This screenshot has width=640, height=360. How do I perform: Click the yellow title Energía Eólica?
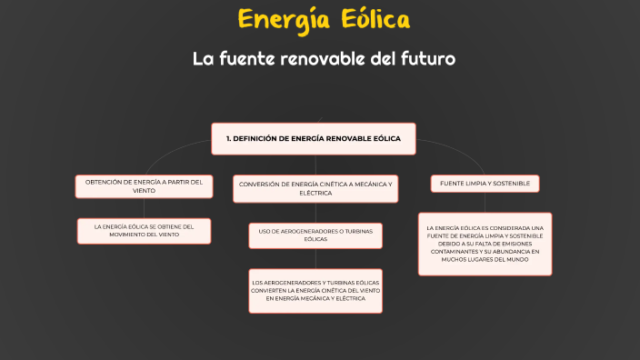click(x=324, y=19)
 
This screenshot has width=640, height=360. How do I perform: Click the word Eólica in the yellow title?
click(x=373, y=19)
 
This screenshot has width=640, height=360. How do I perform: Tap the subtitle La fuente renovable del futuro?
click(x=323, y=59)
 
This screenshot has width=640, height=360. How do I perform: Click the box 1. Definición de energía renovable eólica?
click(x=314, y=138)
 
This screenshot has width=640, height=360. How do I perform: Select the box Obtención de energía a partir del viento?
click(x=144, y=186)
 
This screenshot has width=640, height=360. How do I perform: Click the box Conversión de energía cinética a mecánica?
click(x=315, y=188)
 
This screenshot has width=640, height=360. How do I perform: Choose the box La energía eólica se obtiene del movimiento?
click(x=144, y=231)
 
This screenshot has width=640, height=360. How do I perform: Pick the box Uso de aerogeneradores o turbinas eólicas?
click(x=315, y=235)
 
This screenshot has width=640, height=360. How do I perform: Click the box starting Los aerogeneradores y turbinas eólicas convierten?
click(x=315, y=291)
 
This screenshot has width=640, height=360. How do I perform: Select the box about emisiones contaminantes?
click(x=485, y=244)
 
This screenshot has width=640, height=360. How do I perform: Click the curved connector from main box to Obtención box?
click(x=164, y=147)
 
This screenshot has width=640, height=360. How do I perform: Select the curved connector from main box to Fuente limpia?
click(x=464, y=150)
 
